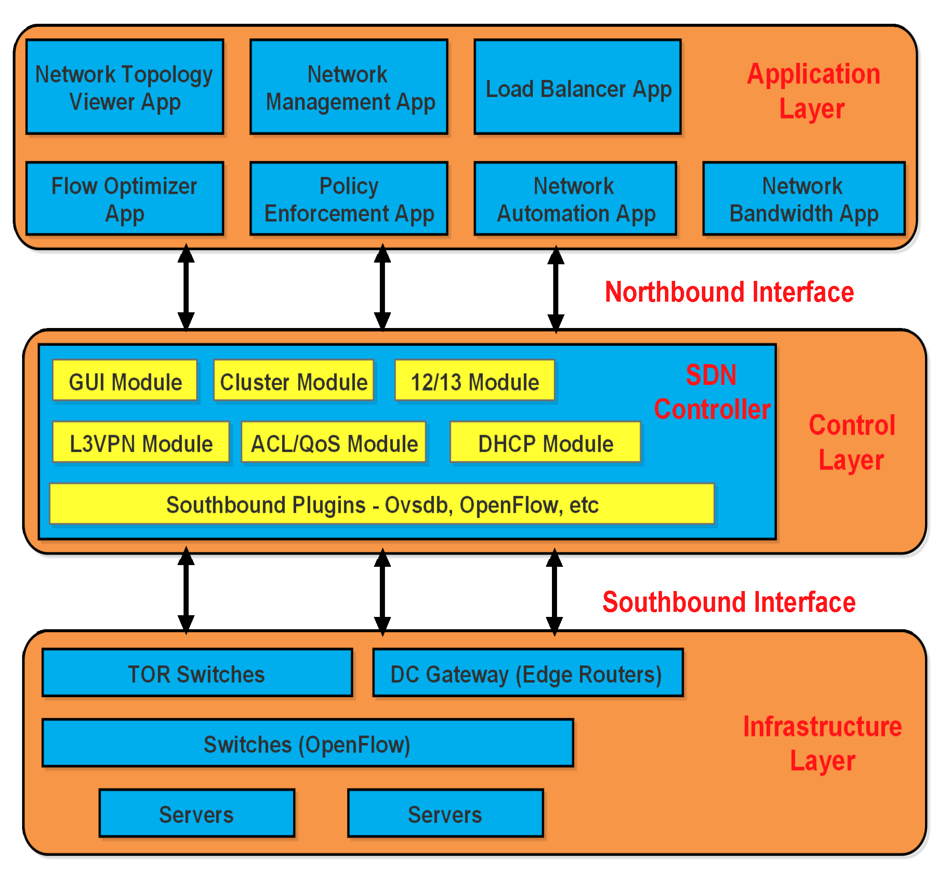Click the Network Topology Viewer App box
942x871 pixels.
point(124,87)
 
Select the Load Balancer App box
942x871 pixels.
point(577,87)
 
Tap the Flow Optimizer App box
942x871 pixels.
point(124,198)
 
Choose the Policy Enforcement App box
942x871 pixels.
point(349,198)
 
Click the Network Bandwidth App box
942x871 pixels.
point(803,198)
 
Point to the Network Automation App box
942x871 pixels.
point(575,198)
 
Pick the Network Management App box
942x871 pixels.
point(349,87)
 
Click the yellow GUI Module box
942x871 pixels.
point(124,380)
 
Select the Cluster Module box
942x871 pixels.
point(293,380)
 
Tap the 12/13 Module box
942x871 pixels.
point(474,380)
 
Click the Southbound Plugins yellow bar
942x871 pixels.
point(381,503)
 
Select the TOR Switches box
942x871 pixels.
point(197,673)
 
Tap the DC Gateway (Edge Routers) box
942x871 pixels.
point(528,673)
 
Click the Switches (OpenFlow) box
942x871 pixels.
point(307,743)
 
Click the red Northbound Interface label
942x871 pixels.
point(729,292)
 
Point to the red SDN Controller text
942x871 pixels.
point(712,392)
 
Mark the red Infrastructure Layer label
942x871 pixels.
point(822,744)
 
